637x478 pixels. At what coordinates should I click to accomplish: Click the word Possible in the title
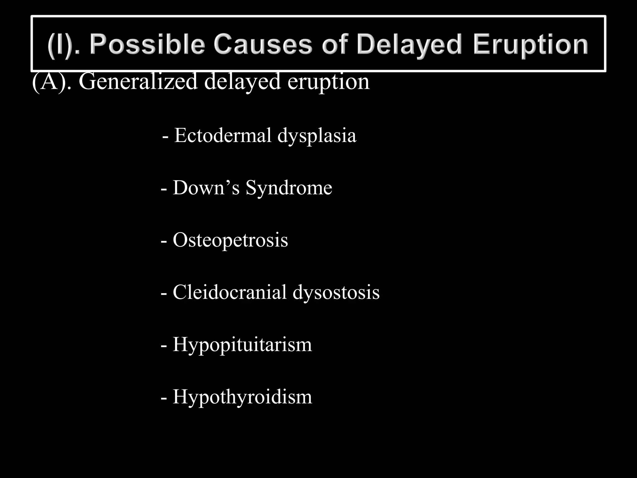[147, 45]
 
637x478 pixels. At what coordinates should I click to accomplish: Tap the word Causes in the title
[263, 44]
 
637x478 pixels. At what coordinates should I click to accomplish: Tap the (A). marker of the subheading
[52, 82]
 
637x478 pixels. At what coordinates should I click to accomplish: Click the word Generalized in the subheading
[138, 82]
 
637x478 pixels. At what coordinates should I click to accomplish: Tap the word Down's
[206, 188]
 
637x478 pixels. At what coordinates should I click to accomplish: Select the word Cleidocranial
[230, 293]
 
